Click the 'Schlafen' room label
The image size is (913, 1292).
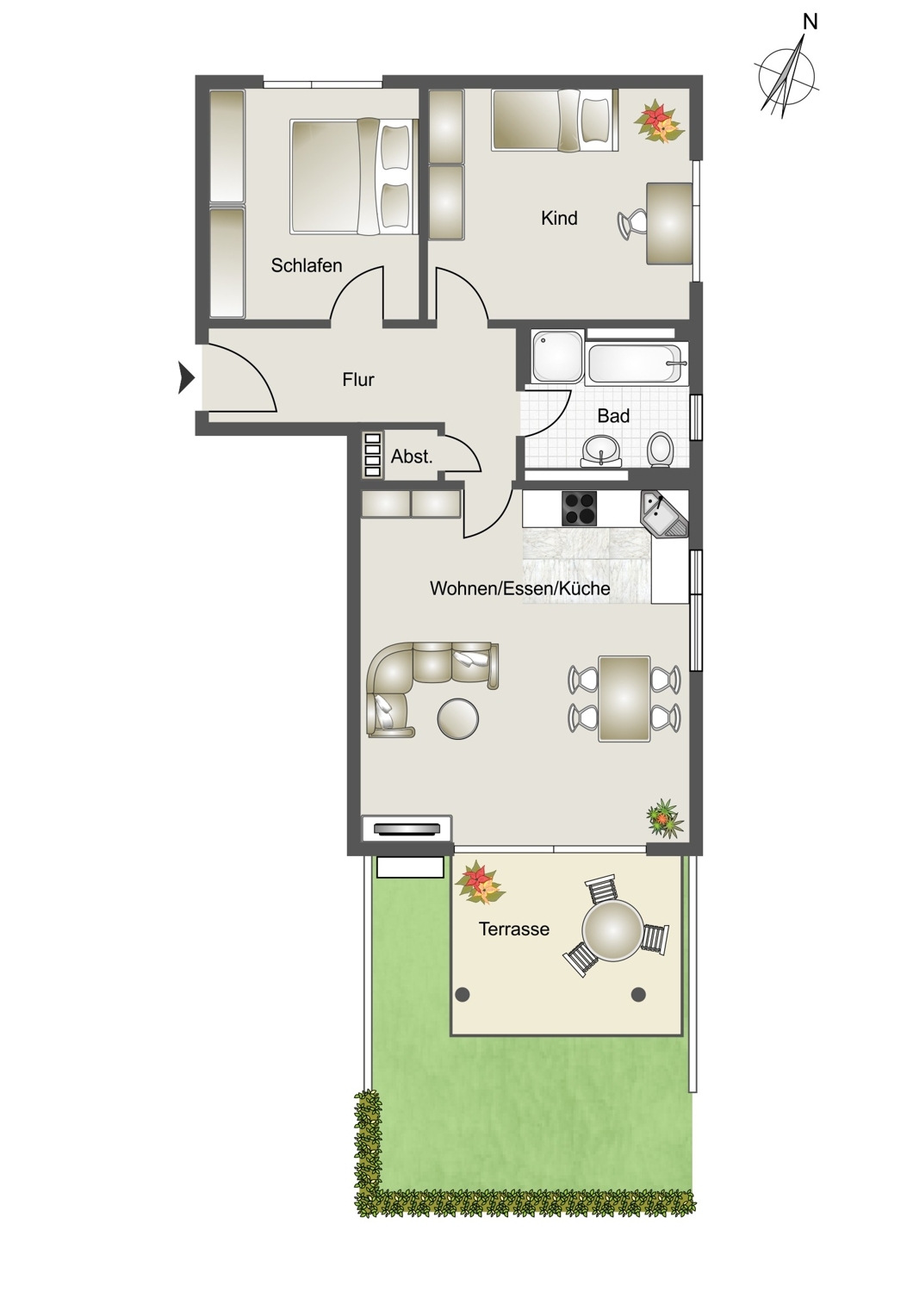pyautogui.click(x=307, y=265)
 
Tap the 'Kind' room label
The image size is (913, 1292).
pyautogui.click(x=559, y=218)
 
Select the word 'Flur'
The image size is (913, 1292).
pyautogui.click(x=358, y=380)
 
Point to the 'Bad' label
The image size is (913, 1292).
pyautogui.click(x=613, y=415)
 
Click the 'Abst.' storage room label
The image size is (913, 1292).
pyautogui.click(x=411, y=457)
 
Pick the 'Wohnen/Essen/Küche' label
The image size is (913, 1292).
pyautogui.click(x=519, y=588)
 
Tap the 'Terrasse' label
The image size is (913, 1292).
pyautogui.click(x=514, y=929)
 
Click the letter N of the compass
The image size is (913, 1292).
pyautogui.click(x=811, y=22)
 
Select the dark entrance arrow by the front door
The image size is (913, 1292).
pyautogui.click(x=186, y=378)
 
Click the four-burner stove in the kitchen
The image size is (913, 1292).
pyautogui.click(x=579, y=508)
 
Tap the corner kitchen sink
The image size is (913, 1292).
pyautogui.click(x=664, y=514)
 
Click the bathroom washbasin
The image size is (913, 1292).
pyautogui.click(x=602, y=450)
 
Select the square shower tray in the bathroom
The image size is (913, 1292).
pyautogui.click(x=557, y=356)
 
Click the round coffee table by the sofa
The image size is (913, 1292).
pyautogui.click(x=458, y=718)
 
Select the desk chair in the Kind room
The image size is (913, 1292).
pyautogui.click(x=633, y=223)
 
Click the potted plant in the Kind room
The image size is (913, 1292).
pyautogui.click(x=659, y=121)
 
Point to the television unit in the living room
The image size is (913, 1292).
pyautogui.click(x=407, y=829)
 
